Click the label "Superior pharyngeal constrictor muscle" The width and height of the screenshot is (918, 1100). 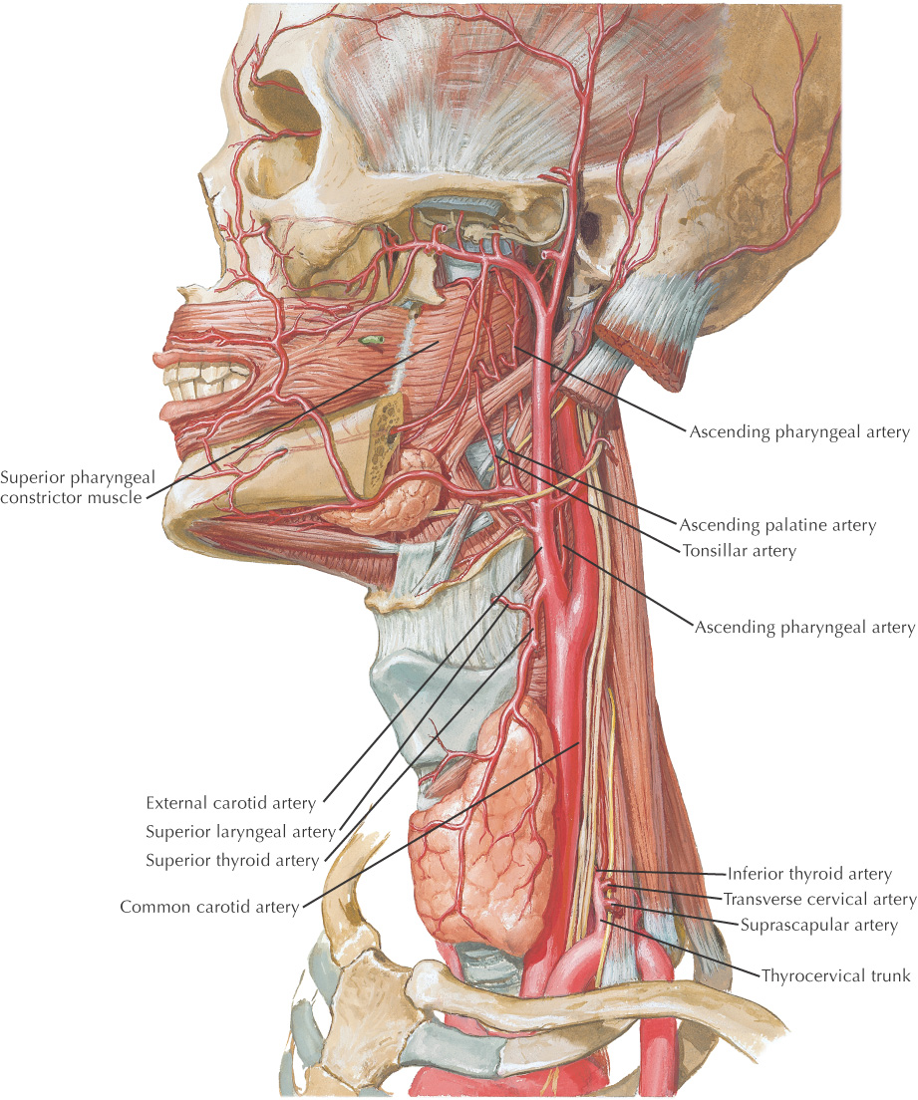coord(78,487)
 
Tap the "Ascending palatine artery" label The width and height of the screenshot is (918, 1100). coord(777,525)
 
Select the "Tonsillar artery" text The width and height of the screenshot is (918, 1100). coord(739,551)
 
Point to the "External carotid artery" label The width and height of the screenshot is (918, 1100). coord(231,803)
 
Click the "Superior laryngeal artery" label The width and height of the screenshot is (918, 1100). coord(241,832)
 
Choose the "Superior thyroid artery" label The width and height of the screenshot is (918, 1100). coord(232,861)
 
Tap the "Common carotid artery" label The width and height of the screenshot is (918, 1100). coord(210,907)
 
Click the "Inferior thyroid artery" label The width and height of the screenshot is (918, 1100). coord(809,874)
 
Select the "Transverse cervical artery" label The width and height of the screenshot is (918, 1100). coord(819,900)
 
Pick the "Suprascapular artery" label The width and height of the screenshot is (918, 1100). coord(819,926)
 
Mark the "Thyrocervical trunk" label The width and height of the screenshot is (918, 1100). coord(836,975)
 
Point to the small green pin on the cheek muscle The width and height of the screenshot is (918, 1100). coord(372,341)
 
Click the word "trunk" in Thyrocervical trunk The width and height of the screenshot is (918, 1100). coord(889,975)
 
